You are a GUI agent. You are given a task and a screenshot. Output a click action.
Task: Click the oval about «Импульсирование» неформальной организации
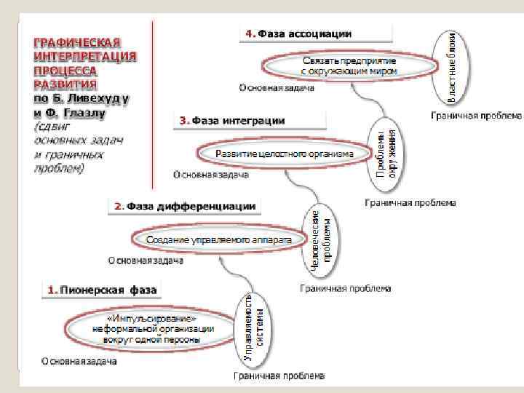coord(153,329)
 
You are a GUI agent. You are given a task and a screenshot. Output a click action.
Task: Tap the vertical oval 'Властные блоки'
coord(452,63)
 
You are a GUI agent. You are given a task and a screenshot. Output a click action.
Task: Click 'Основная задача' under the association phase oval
coord(277,89)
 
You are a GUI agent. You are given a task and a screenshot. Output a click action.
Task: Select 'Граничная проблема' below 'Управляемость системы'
coord(279,376)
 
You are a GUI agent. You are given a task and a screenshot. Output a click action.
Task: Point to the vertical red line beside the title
coord(153,102)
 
